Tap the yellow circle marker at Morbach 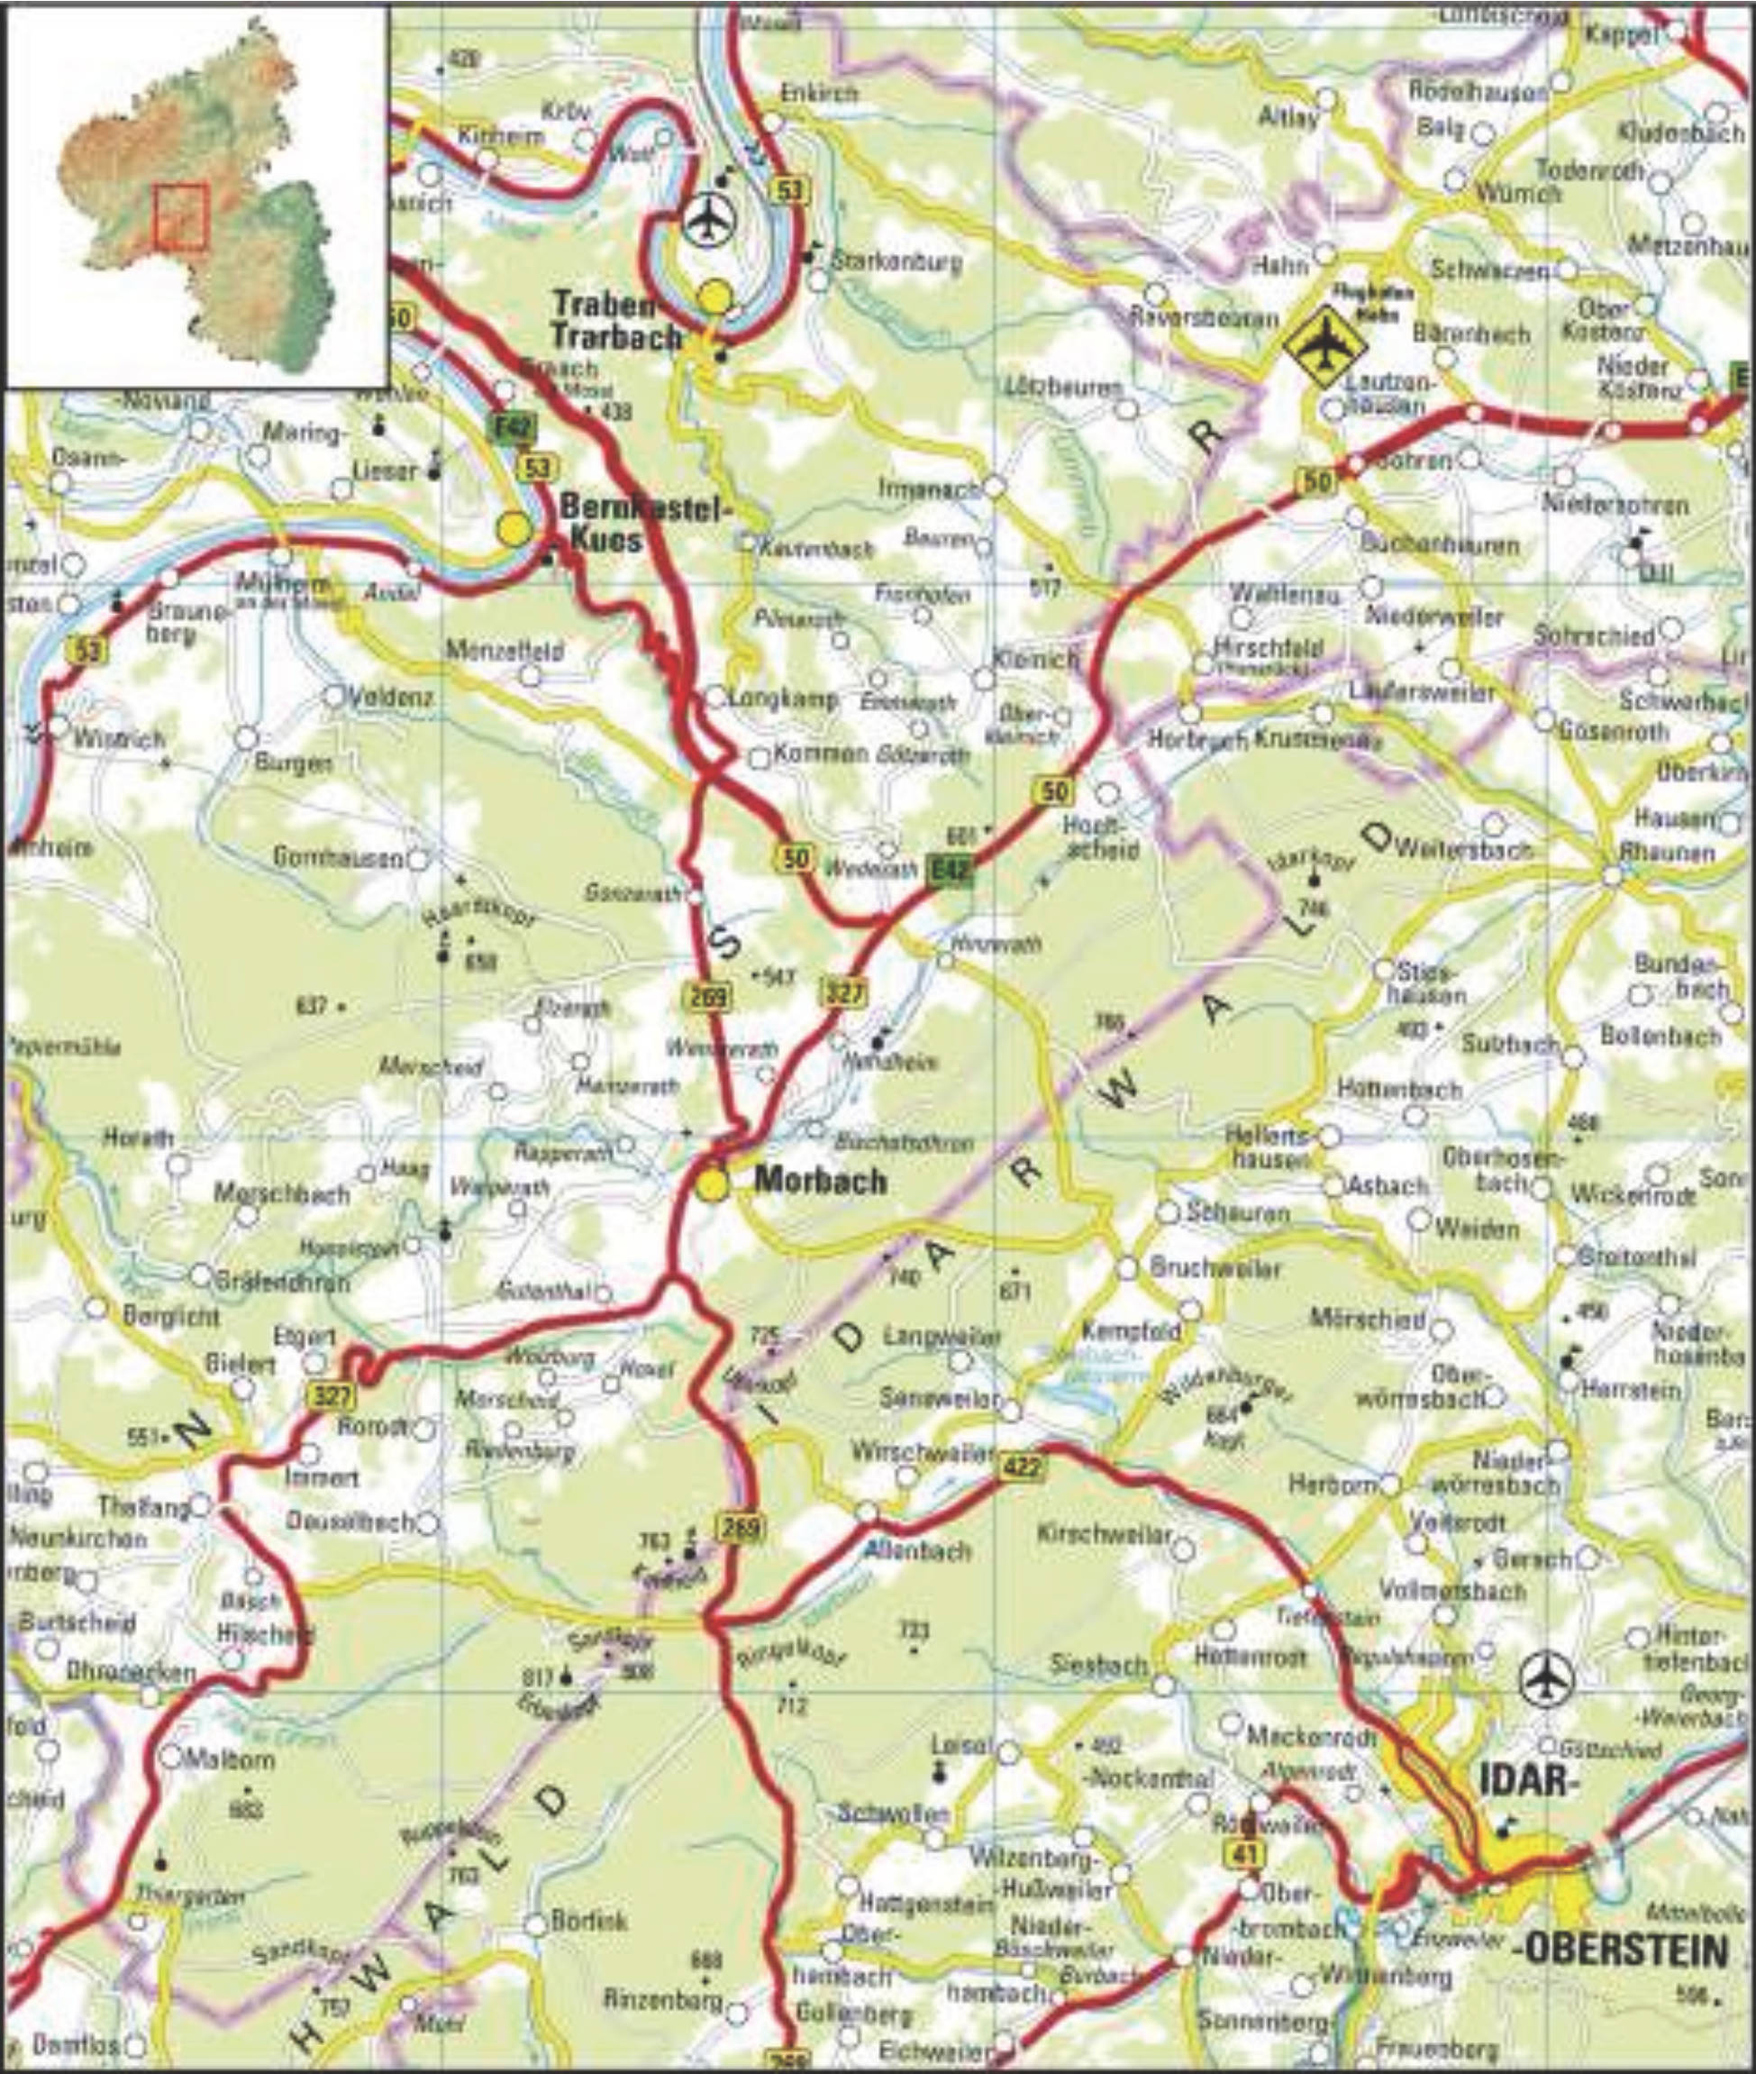click(x=712, y=1186)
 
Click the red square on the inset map click(x=180, y=215)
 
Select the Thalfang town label click(x=143, y=1507)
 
